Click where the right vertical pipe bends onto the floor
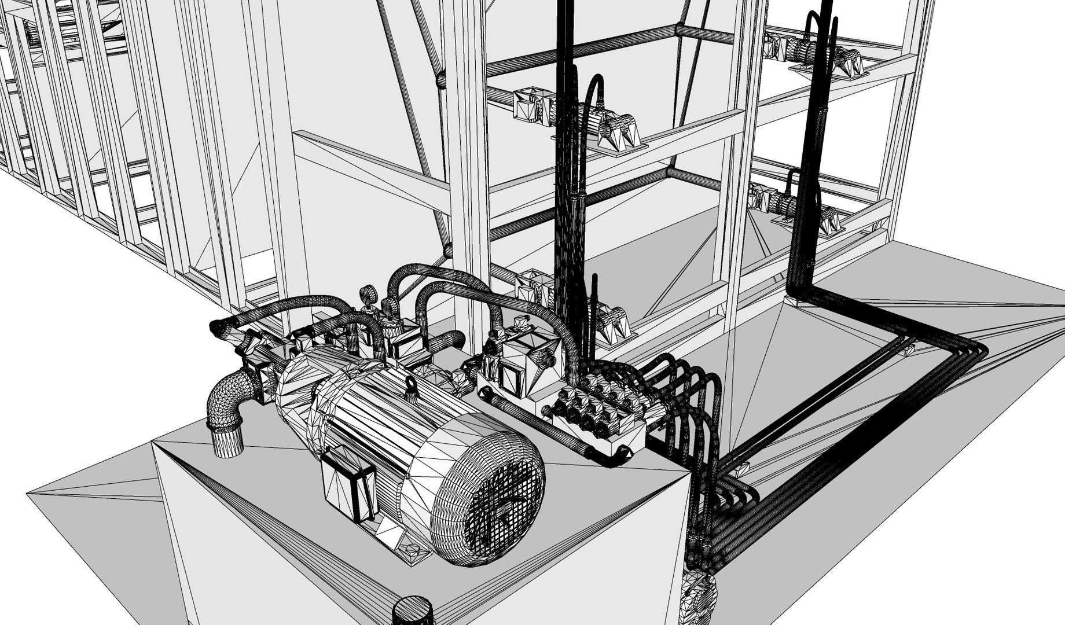click(x=805, y=293)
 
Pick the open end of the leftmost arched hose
click(x=216, y=329)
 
